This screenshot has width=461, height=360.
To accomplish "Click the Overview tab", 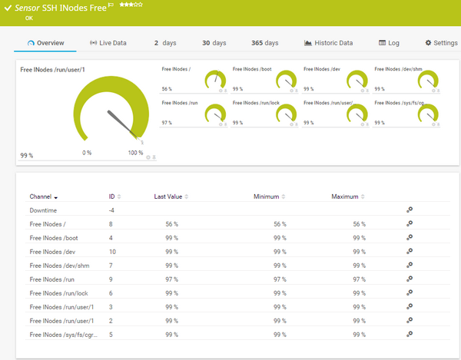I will (x=46, y=43).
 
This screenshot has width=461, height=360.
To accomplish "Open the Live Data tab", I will (x=108, y=43).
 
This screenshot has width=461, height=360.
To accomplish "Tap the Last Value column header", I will (x=168, y=197).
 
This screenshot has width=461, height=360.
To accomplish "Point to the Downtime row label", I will (x=43, y=210).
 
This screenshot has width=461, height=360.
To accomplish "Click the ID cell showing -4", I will (x=112, y=210).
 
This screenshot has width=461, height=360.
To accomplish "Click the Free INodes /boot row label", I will (x=54, y=238).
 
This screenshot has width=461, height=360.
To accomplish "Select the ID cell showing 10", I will (x=112, y=252).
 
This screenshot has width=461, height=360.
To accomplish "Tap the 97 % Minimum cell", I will (x=280, y=279).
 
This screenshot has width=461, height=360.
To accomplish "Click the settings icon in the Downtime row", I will (x=410, y=210).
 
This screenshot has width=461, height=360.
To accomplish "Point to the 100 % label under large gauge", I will (x=135, y=153).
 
